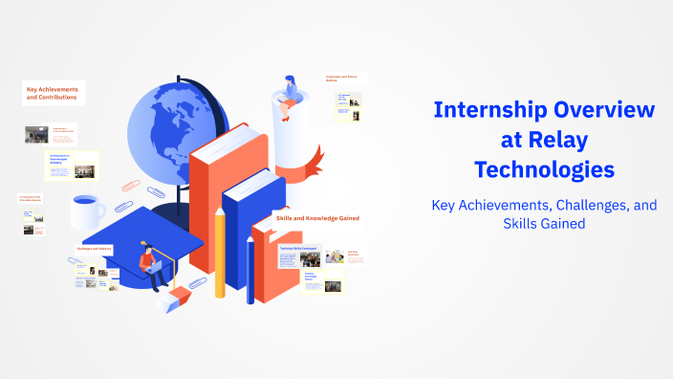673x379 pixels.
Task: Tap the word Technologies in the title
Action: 545,170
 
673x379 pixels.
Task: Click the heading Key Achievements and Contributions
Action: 53,93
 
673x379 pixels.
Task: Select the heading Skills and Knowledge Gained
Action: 317,218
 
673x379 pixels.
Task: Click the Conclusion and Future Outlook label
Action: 345,78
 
